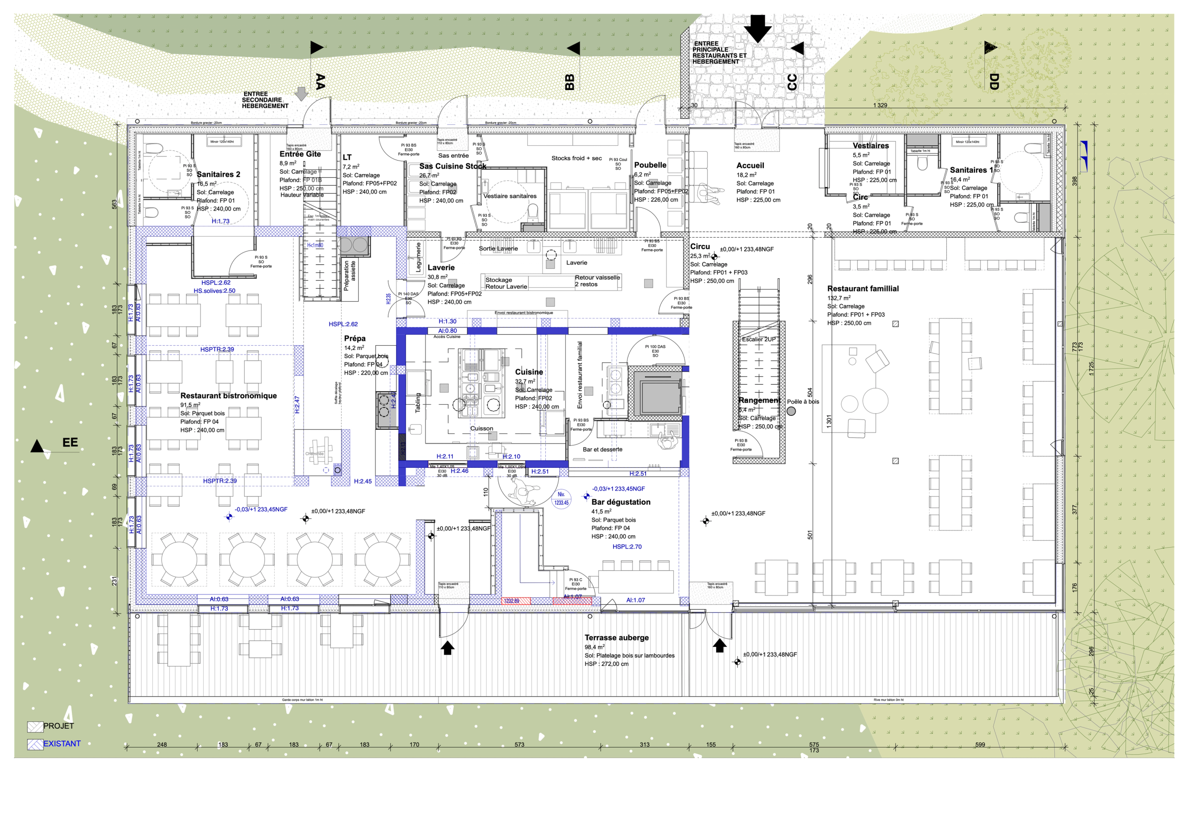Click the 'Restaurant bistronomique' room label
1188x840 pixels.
(x=228, y=395)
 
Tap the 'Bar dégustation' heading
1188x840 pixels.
(x=620, y=502)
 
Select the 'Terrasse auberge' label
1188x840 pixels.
(x=616, y=638)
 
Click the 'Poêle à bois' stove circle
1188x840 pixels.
(x=791, y=412)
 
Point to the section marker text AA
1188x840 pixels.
(x=320, y=81)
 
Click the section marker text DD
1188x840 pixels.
(x=994, y=81)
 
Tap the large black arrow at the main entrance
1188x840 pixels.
(x=757, y=28)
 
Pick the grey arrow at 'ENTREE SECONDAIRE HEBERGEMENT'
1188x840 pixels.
(x=301, y=94)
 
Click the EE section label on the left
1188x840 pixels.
(x=70, y=443)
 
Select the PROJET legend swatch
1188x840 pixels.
(x=35, y=727)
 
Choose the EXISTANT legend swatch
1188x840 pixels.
(x=35, y=744)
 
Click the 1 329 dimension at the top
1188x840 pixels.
(x=879, y=105)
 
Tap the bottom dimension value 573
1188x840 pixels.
(x=519, y=745)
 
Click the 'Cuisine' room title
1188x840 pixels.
(x=529, y=372)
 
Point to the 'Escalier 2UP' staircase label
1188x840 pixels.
(x=759, y=340)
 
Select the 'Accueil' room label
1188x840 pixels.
(x=750, y=166)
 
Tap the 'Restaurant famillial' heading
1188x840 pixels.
(x=863, y=289)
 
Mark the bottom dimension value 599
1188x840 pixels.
(x=980, y=745)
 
